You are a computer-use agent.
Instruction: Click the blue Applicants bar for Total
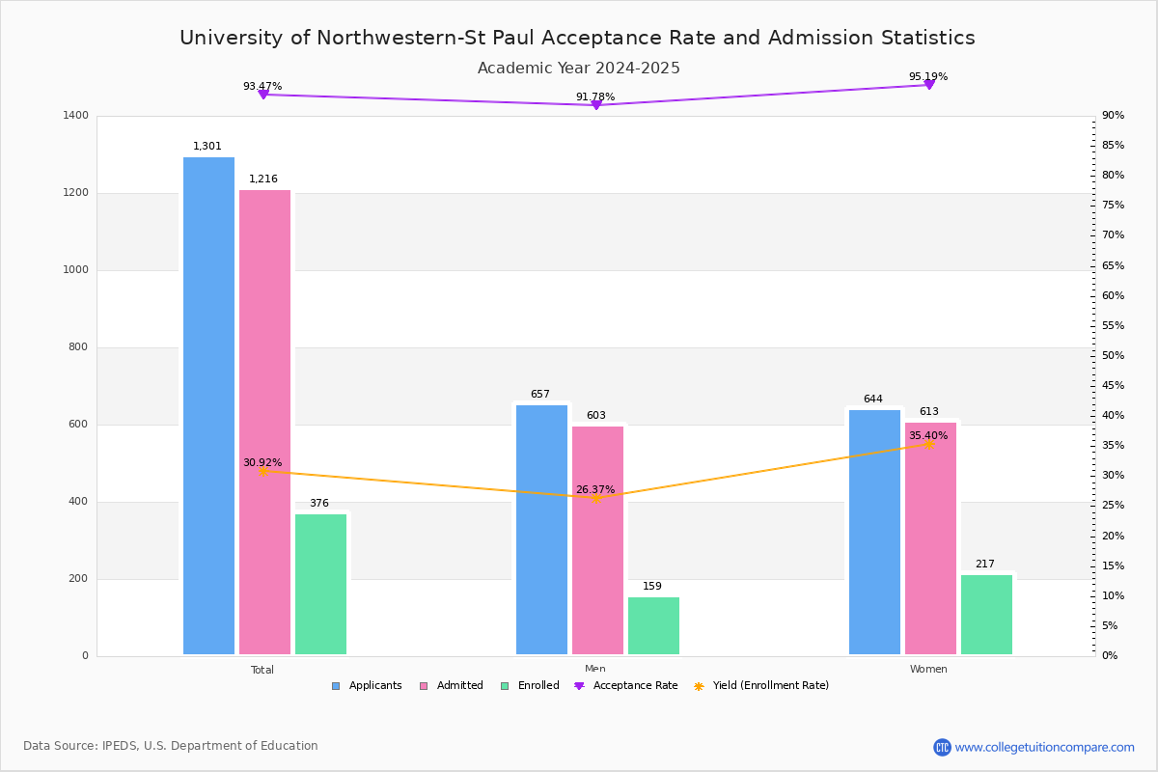click(208, 405)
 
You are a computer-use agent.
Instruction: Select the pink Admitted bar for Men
click(597, 540)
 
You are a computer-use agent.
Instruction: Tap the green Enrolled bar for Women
click(986, 615)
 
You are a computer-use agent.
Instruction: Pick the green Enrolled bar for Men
click(653, 625)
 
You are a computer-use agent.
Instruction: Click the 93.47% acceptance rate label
click(262, 87)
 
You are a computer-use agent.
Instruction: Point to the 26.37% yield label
click(595, 490)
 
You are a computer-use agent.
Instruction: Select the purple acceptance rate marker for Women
click(929, 85)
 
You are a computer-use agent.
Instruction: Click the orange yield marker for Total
click(262, 472)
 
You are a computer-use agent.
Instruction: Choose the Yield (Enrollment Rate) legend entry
click(770, 686)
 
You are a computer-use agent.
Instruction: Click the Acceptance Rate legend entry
click(635, 686)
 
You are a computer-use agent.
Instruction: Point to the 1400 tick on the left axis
click(77, 116)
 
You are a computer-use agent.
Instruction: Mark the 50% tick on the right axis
click(1113, 356)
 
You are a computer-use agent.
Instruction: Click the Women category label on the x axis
click(928, 670)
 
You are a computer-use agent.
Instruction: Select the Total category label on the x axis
click(262, 670)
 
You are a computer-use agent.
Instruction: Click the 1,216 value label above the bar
click(263, 179)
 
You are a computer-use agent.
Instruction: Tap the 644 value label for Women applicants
click(873, 400)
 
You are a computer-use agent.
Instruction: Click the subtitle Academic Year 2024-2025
click(579, 69)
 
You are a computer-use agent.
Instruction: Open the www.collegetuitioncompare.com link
click(1044, 747)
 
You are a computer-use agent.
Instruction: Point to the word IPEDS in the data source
click(122, 746)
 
